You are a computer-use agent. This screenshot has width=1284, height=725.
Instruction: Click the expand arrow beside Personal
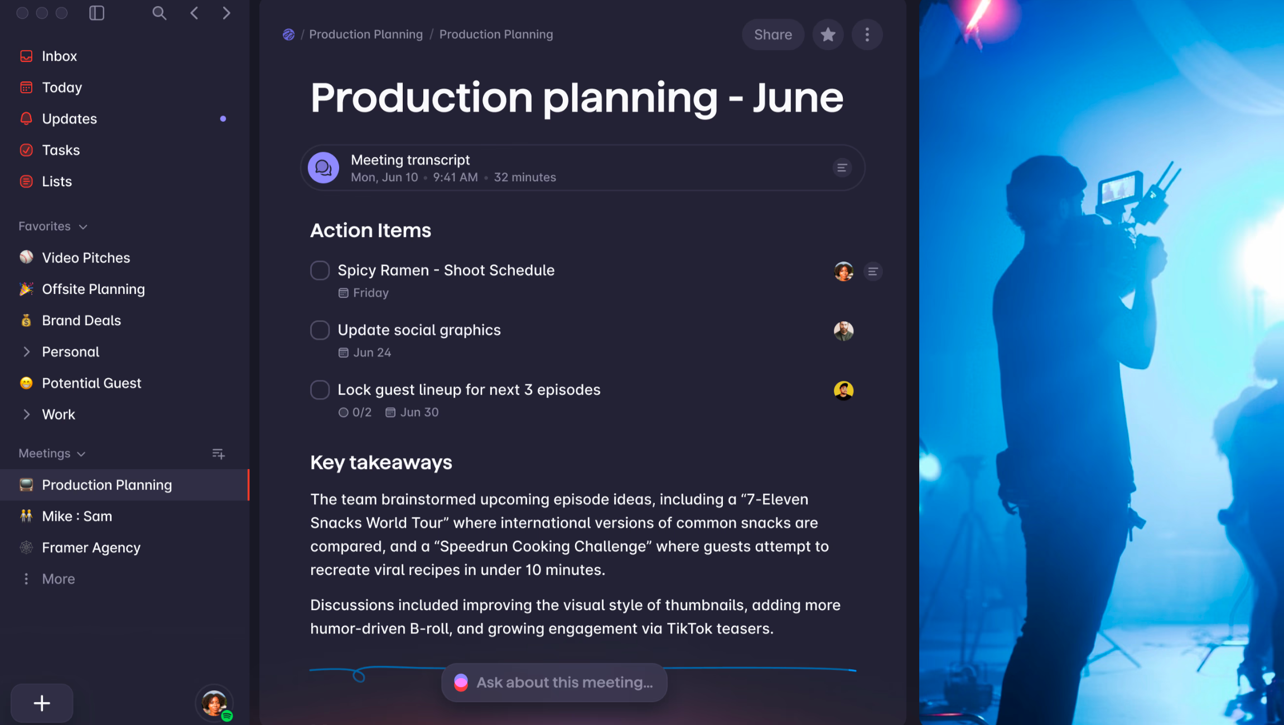26,352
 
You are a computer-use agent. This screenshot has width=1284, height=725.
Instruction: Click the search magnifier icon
160,13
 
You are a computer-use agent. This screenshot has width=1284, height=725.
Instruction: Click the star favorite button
828,35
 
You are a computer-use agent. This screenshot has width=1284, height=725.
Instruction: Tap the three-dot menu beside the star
867,35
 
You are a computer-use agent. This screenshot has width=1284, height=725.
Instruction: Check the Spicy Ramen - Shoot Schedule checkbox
320,270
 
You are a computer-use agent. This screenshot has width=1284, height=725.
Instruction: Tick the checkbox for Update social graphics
320,330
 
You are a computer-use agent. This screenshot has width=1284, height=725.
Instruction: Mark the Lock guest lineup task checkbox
320,390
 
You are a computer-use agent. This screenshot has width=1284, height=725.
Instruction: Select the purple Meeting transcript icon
324,168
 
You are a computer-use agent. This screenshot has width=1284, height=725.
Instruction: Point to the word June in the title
798,98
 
